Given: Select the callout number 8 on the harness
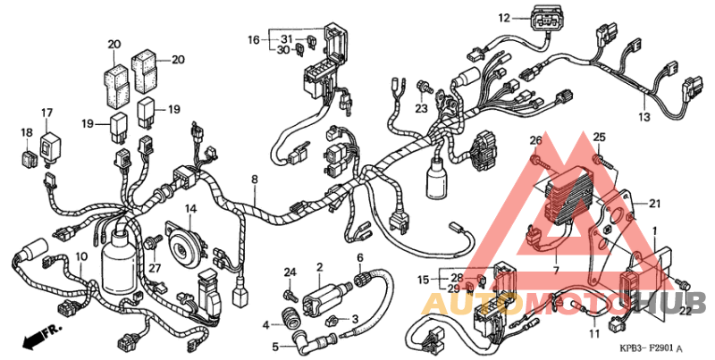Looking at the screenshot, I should [x=255, y=180].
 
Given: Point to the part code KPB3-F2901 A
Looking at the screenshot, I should [x=651, y=347].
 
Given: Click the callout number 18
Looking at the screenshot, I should [x=26, y=132].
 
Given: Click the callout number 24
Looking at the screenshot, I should [x=289, y=272].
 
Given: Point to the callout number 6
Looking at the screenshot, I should [x=360, y=258].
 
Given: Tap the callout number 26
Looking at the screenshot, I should [x=535, y=140].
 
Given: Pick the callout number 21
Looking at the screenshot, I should [x=655, y=204].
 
